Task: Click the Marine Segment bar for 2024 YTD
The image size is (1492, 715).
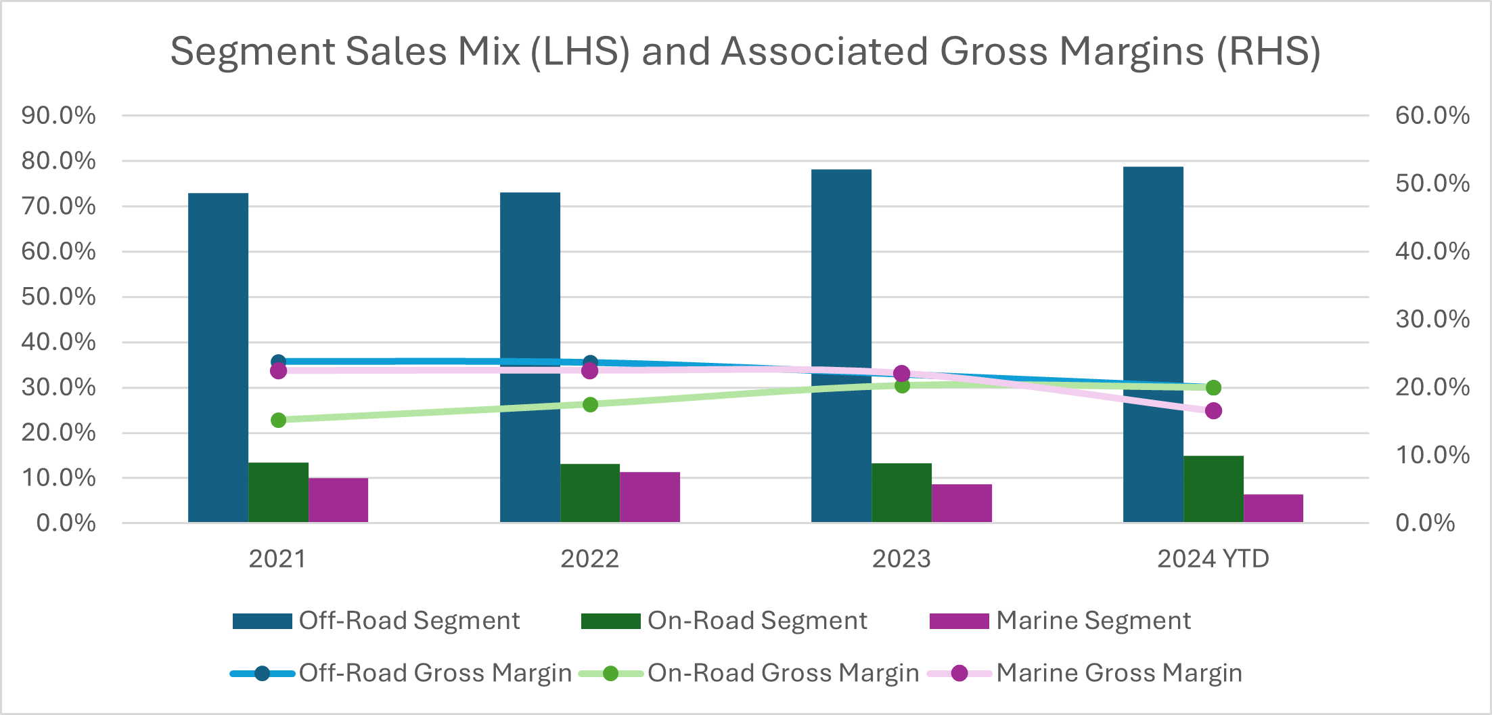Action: click(1273, 508)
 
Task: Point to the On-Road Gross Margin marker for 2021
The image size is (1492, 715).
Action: click(278, 420)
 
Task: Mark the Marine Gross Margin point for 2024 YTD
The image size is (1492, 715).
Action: click(1213, 411)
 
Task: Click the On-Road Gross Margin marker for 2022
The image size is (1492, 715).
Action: click(590, 405)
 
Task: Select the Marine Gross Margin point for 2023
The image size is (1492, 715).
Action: click(901, 374)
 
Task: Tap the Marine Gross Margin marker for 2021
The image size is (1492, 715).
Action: click(278, 371)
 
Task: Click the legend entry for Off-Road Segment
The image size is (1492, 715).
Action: click(376, 621)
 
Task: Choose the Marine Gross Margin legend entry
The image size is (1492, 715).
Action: click(1084, 673)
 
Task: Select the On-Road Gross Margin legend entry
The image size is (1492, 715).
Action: click(749, 673)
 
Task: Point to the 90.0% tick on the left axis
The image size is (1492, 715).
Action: click(58, 116)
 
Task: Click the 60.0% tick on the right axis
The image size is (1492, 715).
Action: click(1432, 116)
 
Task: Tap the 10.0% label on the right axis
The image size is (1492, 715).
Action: click(1432, 455)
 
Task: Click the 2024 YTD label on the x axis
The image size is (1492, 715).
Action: click(1213, 559)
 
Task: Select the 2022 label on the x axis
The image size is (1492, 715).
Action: click(589, 559)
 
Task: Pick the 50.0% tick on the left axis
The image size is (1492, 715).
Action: click(58, 297)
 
